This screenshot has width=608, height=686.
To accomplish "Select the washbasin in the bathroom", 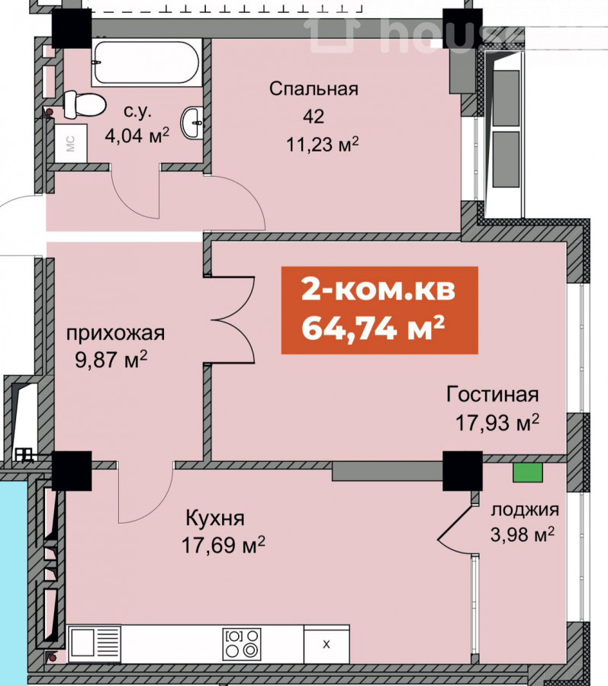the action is (191, 123).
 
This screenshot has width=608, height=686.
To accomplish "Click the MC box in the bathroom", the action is (71, 143).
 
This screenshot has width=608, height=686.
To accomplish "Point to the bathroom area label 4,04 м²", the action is (137, 135).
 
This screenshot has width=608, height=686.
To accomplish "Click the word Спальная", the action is (314, 89).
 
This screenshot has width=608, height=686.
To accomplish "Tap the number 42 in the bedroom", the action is (314, 117).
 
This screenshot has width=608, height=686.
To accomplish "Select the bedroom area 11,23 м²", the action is (322, 143).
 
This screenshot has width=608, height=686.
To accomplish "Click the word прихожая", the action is (115, 334).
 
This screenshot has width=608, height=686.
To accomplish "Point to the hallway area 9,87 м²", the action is (111, 361).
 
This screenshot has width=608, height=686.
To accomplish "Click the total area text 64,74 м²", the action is (373, 328).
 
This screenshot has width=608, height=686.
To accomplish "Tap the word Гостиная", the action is (493, 394).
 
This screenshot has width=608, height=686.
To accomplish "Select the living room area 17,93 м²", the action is (497, 422).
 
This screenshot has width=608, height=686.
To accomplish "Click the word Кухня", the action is (215, 518).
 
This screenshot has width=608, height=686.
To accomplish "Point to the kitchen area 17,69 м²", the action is (224, 546).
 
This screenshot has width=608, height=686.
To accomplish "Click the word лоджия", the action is (525, 510).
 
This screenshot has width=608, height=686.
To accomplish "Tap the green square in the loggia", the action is (529, 473).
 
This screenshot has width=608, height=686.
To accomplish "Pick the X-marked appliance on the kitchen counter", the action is (326, 644).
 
